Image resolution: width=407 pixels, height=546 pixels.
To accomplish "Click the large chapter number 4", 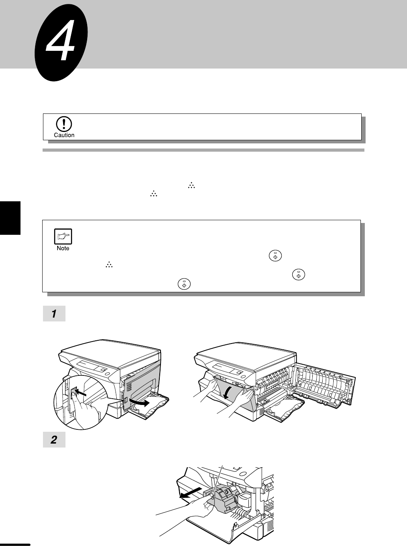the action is (61, 40).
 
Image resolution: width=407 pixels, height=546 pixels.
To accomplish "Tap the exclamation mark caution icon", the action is (64, 124).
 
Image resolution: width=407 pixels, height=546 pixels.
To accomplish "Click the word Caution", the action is (64, 135).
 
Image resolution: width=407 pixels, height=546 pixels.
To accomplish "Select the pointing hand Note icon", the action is (63, 236).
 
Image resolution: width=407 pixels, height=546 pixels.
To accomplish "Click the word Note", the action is (63, 248).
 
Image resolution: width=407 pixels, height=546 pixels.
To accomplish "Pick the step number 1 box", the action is (54, 314).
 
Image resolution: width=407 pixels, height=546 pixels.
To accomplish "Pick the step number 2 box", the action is (54, 440).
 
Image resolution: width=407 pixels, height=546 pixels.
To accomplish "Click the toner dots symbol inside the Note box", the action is (109, 265).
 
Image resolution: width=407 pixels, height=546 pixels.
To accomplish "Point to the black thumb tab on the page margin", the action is (10, 218).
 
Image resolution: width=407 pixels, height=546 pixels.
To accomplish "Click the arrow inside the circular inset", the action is (81, 392).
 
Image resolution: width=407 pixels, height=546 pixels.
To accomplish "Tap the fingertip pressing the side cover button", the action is (73, 396).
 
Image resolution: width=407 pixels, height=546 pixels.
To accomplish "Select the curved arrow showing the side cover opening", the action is (139, 402).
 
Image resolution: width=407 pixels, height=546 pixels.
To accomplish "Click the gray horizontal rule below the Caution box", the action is (203, 150).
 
